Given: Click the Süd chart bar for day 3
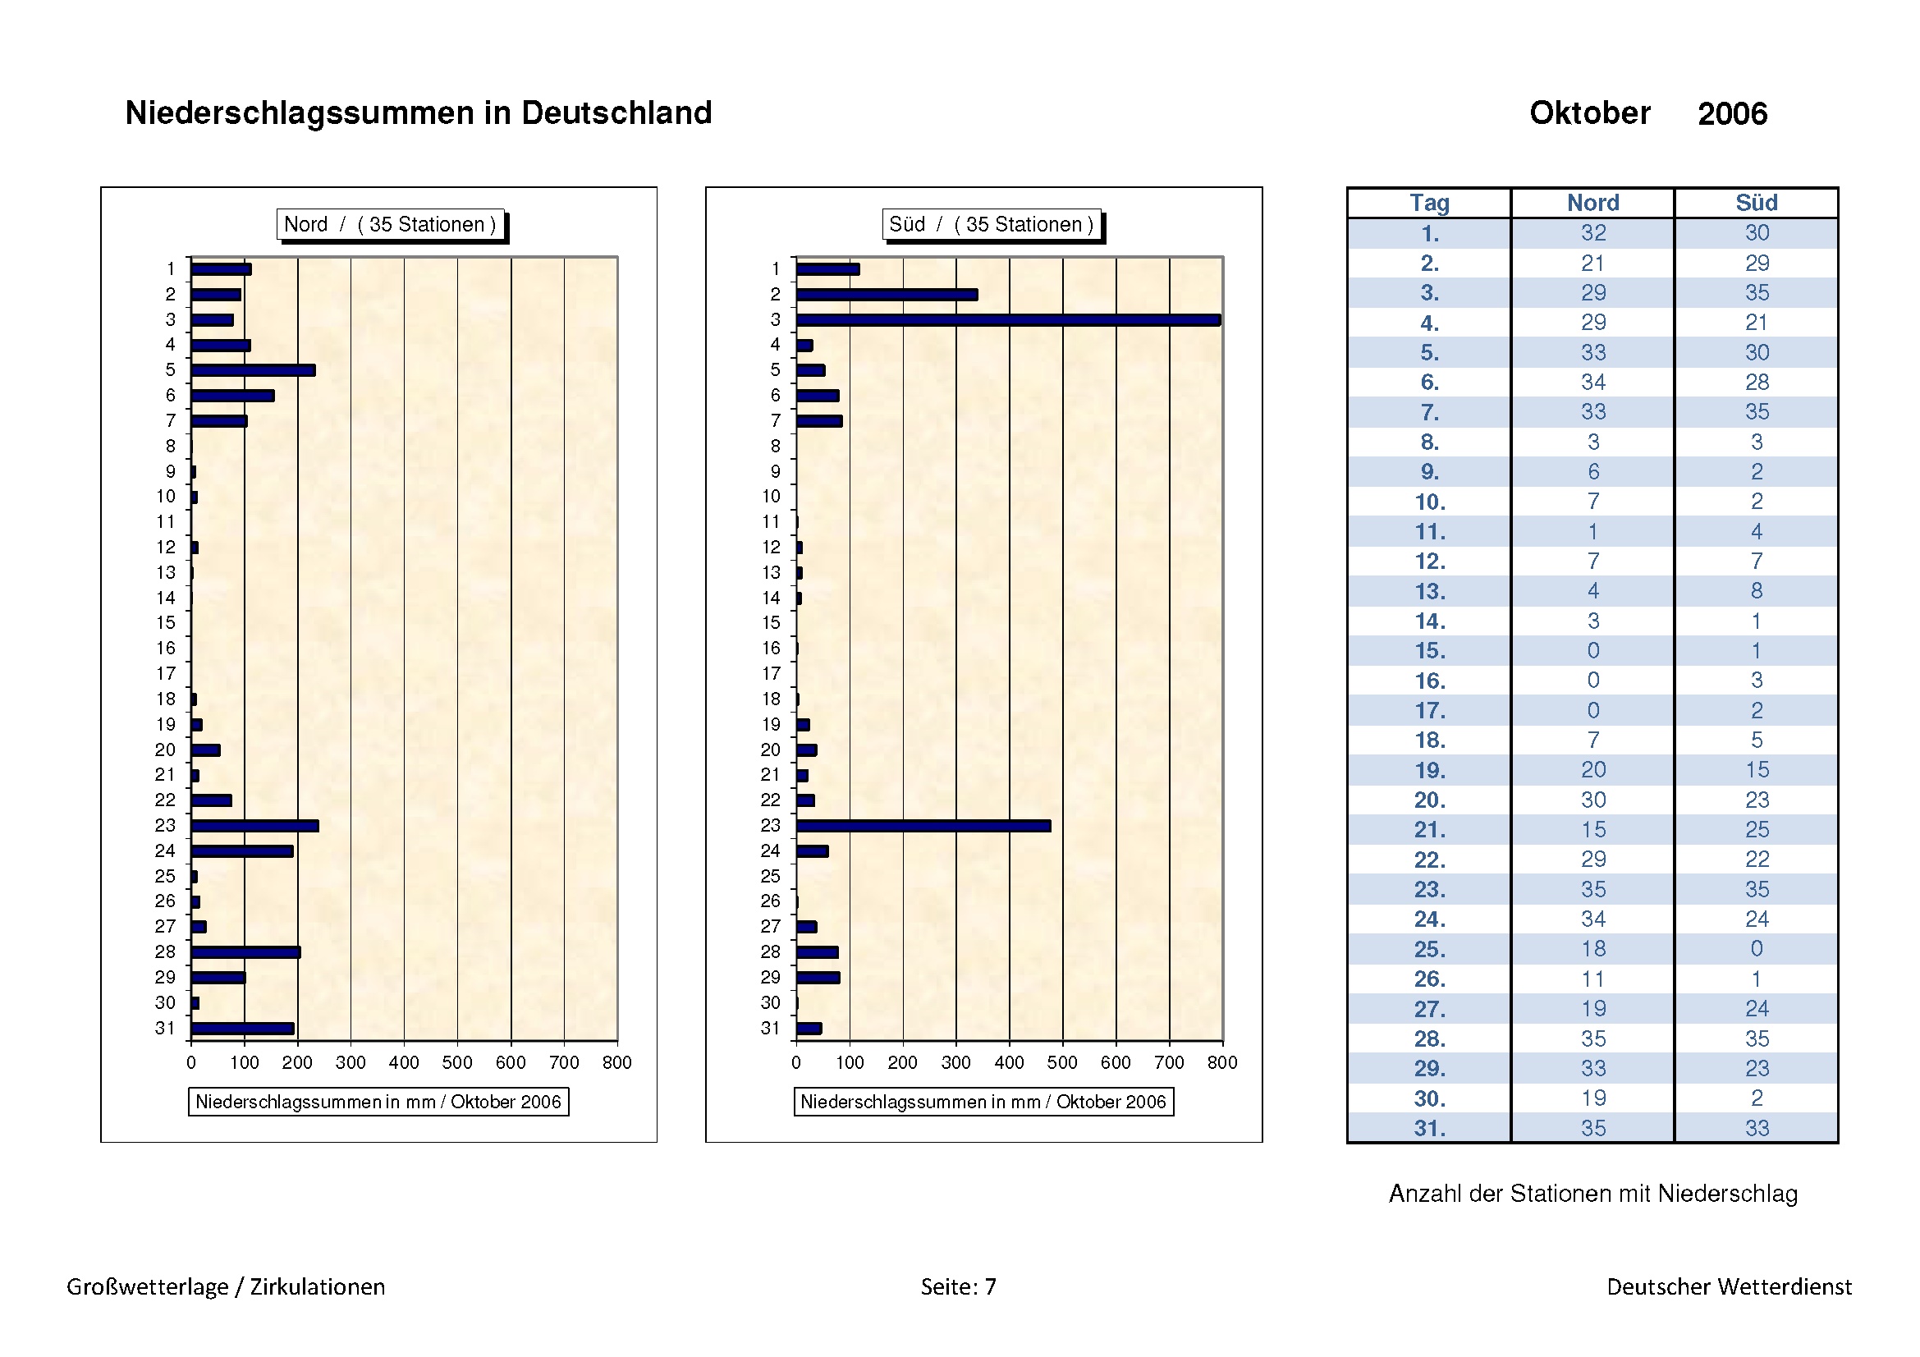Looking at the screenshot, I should coord(1008,320).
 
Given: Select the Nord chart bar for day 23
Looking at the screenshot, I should coord(254,826).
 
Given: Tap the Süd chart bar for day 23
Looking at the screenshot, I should coord(923,826).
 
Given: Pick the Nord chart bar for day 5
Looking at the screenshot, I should coord(253,370).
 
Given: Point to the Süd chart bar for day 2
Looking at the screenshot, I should coord(887,295).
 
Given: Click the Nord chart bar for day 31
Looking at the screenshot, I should coord(242,1029).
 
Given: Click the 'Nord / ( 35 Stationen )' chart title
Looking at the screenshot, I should coord(390,224).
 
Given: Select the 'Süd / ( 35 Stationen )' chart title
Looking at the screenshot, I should coord(991,224).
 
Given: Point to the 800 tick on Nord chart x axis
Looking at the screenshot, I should coord(617,1062).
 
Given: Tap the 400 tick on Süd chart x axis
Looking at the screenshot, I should coord(1010,1062).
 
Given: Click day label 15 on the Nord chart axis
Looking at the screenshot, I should coord(166,623).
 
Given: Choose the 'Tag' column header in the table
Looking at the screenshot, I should coord(1429,203).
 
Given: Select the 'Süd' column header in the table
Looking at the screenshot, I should coord(1756,203).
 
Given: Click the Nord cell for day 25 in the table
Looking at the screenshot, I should coord(1593,949).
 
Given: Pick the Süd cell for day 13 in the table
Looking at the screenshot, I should coord(1756,591).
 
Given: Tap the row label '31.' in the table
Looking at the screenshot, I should coord(1429,1128).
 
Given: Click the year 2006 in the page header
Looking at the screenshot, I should coord(1732,114).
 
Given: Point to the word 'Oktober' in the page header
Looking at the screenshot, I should coord(1589,112).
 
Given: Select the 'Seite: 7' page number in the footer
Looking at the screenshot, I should coord(958,1286).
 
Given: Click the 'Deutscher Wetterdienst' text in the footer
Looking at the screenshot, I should coord(1729,1286).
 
